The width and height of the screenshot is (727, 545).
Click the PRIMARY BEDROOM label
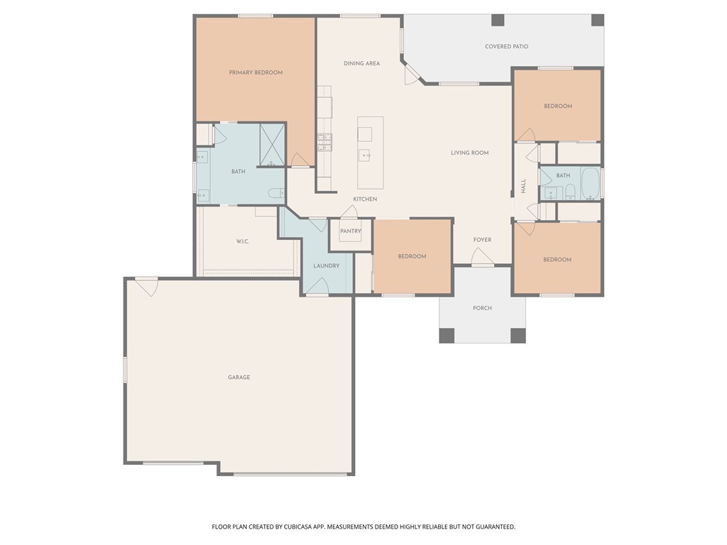point(256,72)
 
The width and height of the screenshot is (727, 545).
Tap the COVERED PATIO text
point(506,47)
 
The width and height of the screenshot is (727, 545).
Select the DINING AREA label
point(361,64)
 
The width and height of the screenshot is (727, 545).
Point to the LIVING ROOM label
point(469,153)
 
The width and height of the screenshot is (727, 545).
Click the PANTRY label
point(351,231)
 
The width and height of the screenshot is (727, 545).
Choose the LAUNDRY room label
point(327,266)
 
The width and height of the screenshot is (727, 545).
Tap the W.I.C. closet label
point(243,242)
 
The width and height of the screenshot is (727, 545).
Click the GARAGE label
point(239,378)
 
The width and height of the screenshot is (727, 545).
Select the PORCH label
point(482,308)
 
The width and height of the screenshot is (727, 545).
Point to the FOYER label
point(482,240)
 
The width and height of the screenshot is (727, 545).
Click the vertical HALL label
point(523,187)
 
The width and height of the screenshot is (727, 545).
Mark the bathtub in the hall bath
point(591,184)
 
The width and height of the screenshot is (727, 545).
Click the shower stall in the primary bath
point(272,145)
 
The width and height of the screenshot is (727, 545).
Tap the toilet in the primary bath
point(277,192)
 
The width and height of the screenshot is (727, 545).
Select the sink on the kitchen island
point(366,154)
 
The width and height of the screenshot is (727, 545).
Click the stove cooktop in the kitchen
point(324,143)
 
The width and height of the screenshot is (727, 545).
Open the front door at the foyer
point(481,258)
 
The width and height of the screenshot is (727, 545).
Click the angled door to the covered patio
point(412,75)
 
